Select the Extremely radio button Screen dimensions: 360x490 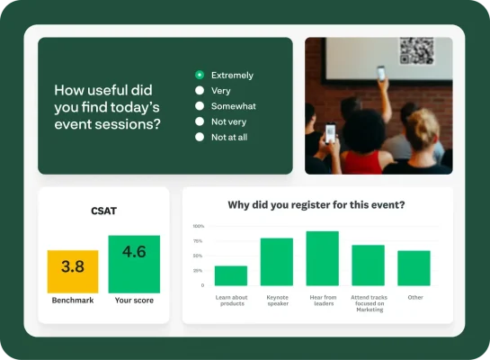point(200,75)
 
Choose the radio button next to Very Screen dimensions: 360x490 point(200,90)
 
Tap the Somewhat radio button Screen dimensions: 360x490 point(200,105)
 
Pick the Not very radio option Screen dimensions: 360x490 point(200,121)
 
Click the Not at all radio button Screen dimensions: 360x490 point(200,137)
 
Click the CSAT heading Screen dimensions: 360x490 point(103,211)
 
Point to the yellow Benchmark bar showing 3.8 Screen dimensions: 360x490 point(73,271)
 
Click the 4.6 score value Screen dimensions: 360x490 point(134,251)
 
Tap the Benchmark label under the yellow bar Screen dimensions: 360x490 point(73,301)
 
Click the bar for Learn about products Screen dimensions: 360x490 point(231,275)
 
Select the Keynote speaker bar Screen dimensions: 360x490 point(277,262)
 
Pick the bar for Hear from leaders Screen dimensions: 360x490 point(322,258)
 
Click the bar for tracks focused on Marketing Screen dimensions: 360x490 point(368,265)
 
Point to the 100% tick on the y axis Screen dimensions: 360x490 point(199,226)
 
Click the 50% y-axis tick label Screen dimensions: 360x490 point(199,256)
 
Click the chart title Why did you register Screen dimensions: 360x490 point(316,204)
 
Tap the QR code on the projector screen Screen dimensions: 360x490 point(416,50)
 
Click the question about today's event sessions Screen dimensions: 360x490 point(108,106)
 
